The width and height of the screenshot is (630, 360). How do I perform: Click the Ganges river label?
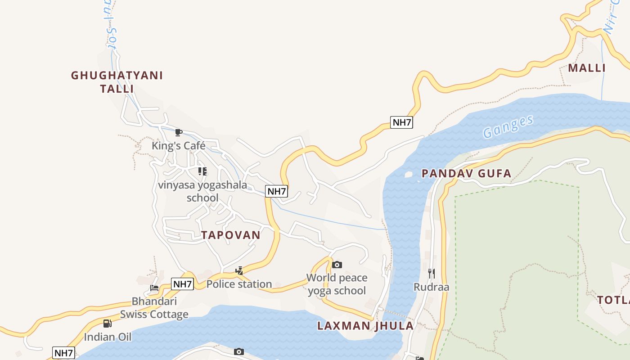[x=508, y=126]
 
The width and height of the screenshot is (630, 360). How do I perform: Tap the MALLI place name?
[x=587, y=68]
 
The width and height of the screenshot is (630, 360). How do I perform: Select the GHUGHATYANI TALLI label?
[x=117, y=81]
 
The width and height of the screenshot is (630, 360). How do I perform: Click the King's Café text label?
[x=178, y=145]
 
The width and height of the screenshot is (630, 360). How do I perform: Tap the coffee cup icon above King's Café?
[x=178, y=132]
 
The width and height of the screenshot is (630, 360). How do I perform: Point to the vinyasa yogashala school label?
[x=202, y=191]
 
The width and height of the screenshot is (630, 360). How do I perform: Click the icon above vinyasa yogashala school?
[x=202, y=171]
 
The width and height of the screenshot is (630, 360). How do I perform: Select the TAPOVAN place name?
[x=231, y=235]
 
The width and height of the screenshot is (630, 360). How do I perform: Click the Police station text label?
[x=239, y=284]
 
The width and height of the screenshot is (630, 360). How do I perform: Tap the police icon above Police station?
[x=239, y=271]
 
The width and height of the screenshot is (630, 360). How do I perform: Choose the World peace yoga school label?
[x=337, y=284]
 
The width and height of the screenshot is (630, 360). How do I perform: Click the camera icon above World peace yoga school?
[x=337, y=265]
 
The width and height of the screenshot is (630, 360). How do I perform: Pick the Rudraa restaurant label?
[x=431, y=287]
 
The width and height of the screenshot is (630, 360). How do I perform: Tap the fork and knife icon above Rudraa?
[x=431, y=273]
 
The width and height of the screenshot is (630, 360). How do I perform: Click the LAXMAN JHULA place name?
[x=365, y=326]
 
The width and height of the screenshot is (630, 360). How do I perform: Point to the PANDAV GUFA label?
[x=466, y=173]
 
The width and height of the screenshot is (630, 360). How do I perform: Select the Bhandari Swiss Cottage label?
[x=154, y=308]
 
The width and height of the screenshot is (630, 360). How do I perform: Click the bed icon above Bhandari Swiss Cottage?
[x=154, y=288]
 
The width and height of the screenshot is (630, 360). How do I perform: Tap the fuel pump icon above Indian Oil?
[x=107, y=323]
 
